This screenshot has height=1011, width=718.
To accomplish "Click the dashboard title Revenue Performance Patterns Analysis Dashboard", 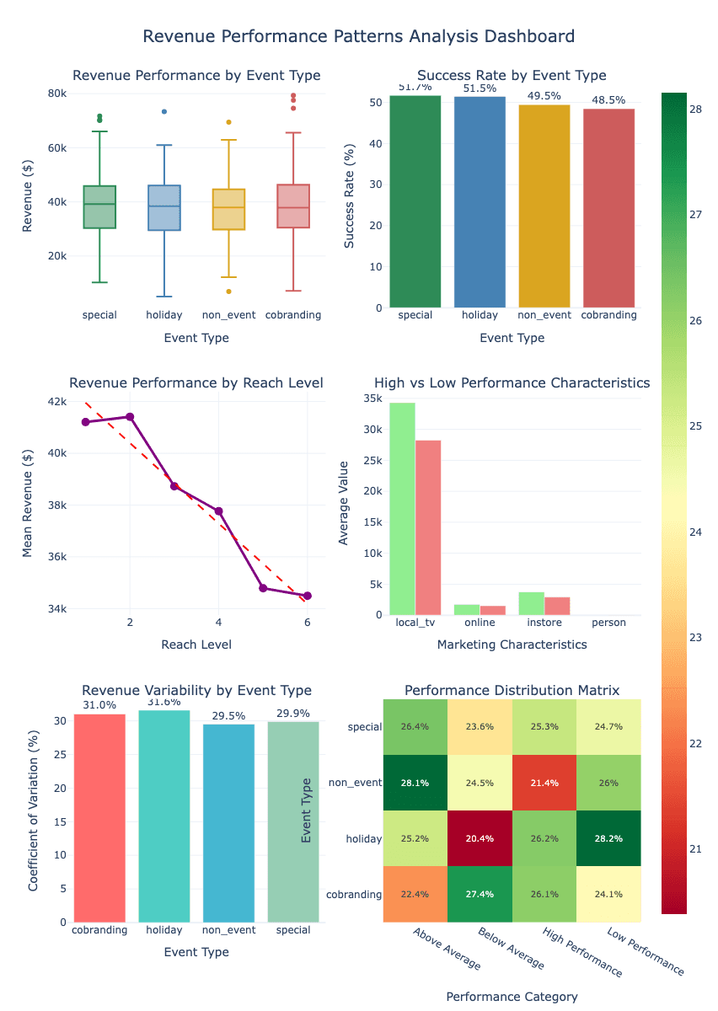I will (x=359, y=36).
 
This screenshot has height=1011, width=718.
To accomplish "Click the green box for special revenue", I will (x=99, y=206).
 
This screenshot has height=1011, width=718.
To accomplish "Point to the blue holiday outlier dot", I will (x=164, y=111).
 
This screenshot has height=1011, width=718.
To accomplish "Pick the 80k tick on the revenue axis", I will (x=56, y=94).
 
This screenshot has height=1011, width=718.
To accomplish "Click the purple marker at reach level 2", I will (x=130, y=416).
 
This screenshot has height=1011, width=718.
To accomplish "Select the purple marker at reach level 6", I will (x=308, y=596).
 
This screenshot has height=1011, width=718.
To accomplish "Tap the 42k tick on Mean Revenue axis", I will (x=56, y=402).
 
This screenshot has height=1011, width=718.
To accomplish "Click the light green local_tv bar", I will (x=402, y=509).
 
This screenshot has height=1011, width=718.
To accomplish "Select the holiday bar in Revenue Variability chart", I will (x=164, y=816).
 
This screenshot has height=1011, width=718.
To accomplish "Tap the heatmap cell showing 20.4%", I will (x=480, y=838).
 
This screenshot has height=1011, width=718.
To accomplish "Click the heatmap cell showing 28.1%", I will (x=415, y=782).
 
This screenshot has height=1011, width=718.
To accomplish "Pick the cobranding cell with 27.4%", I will (x=480, y=894).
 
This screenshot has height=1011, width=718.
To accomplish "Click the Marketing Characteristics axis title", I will (x=512, y=645).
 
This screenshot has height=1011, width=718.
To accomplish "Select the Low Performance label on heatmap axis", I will (x=646, y=952).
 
